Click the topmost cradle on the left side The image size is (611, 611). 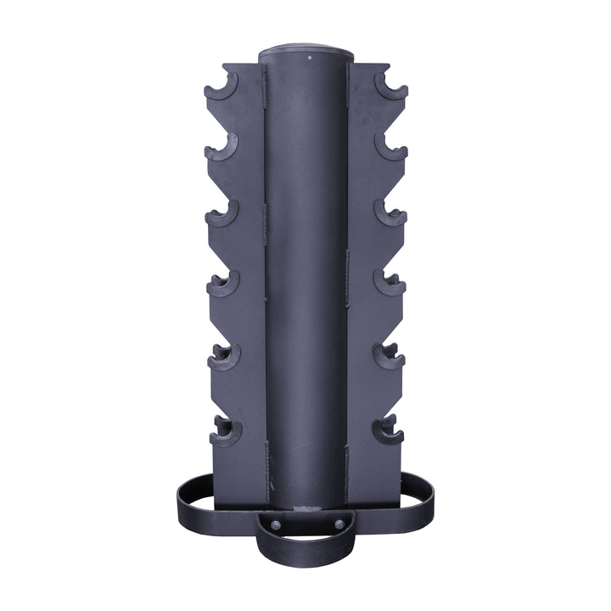point(221,87)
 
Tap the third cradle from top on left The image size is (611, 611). point(222,214)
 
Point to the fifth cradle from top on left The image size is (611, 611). point(224,356)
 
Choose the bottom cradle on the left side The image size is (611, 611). point(226,431)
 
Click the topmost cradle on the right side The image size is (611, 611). point(391,87)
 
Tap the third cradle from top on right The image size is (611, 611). point(390,214)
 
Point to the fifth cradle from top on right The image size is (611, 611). point(389,356)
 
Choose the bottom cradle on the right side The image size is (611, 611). point(387,431)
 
